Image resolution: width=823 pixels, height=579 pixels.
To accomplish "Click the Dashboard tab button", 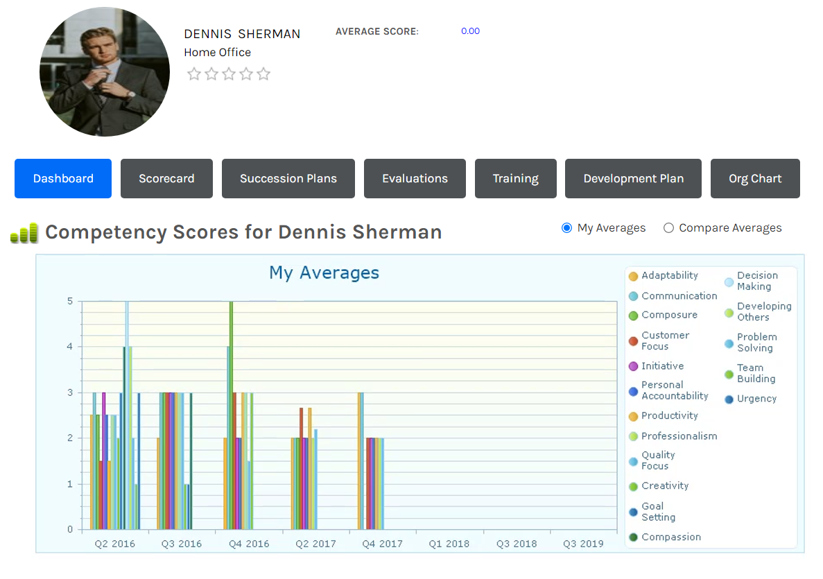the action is [x=63, y=178].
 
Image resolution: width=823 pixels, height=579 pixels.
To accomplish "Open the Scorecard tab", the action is [x=166, y=178].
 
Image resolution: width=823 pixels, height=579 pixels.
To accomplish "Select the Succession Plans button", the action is [x=288, y=178].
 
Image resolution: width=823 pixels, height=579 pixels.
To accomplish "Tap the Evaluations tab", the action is [x=415, y=178].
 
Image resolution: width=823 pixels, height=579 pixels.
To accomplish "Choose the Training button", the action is [x=515, y=178].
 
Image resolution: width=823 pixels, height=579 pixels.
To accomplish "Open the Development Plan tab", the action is [x=633, y=178].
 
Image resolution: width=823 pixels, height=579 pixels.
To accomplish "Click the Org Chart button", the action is [x=755, y=178].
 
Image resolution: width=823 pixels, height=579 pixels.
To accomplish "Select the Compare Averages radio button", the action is [x=668, y=228].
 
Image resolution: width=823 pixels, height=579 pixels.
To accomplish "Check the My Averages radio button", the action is [x=567, y=228].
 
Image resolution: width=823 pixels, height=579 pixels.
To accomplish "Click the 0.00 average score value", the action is [x=470, y=31].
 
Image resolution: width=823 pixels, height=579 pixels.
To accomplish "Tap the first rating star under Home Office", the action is [x=194, y=74].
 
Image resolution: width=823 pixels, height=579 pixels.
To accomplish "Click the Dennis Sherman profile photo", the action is [x=105, y=72].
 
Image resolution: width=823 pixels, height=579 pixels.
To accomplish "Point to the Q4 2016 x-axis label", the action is [x=249, y=544].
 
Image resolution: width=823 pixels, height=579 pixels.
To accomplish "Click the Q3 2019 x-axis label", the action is [x=583, y=544].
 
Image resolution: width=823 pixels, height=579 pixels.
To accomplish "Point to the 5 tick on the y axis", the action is [x=70, y=302].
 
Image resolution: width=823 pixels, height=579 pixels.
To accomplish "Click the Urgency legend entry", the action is [x=751, y=399].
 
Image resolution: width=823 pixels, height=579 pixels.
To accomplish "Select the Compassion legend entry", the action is [x=665, y=537].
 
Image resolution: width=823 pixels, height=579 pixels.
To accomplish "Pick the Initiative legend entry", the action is [x=657, y=366].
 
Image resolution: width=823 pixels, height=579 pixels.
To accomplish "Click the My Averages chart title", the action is [x=324, y=273].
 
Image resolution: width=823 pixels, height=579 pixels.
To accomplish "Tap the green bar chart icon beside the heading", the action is [x=24, y=233].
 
